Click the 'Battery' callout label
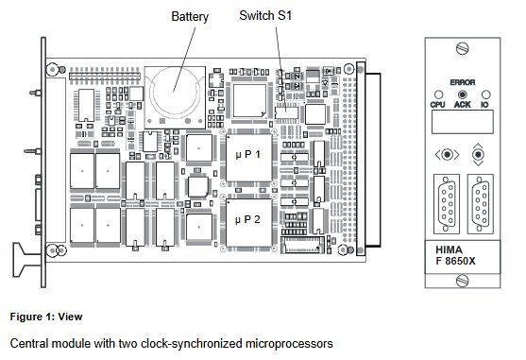(190, 17)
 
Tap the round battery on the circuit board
(173, 86)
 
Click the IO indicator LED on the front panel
(484, 94)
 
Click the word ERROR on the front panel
(462, 82)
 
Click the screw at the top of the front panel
(462, 47)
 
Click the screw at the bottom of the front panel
(462, 281)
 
